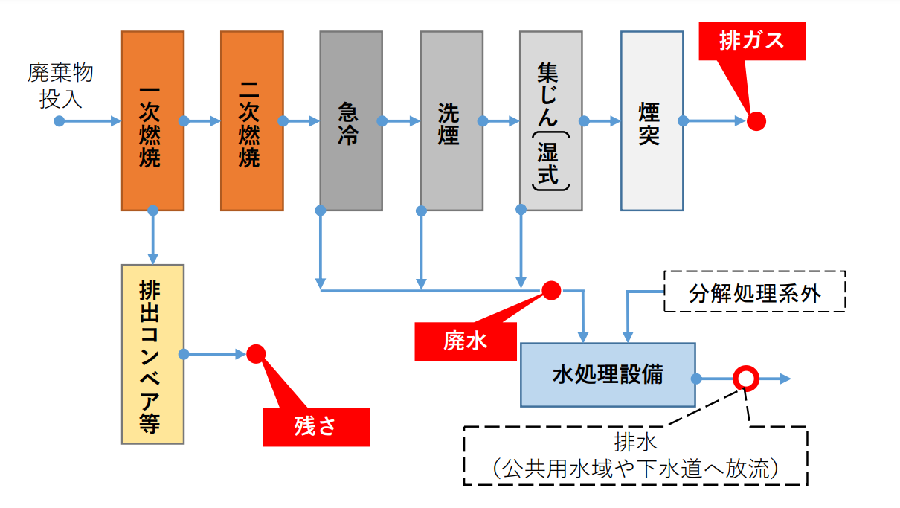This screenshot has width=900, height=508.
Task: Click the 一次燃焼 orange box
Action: (x=152, y=120)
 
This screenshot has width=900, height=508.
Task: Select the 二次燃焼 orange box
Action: (x=251, y=120)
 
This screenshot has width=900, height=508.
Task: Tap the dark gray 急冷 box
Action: (x=351, y=120)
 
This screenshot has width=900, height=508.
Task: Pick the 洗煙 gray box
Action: (x=451, y=120)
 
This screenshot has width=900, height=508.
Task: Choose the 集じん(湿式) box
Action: (x=550, y=120)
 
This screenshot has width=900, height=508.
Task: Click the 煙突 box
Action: (x=652, y=120)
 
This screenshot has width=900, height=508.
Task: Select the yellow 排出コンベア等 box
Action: (x=152, y=354)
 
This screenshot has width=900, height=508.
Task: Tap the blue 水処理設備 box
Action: (x=608, y=374)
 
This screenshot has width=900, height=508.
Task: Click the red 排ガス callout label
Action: (x=752, y=40)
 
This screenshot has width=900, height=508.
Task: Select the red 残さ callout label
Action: (x=316, y=426)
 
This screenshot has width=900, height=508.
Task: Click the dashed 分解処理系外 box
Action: (x=754, y=292)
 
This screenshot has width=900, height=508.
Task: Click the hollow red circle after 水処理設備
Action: (x=745, y=379)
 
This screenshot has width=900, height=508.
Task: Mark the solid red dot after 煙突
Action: (x=756, y=120)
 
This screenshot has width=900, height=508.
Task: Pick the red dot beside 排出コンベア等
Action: (x=256, y=354)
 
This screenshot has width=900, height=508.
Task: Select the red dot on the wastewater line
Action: (x=551, y=290)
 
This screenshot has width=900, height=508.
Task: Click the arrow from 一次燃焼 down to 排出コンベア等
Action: (x=152, y=237)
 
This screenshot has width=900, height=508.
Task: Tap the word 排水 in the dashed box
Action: (x=636, y=444)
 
